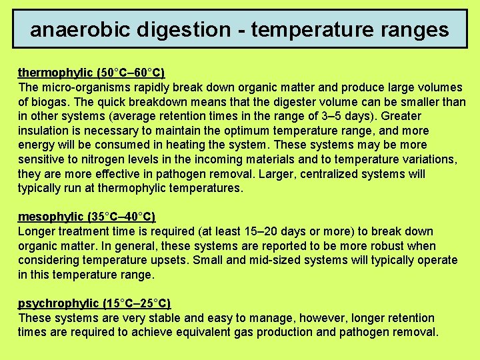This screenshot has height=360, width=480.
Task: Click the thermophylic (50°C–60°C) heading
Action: tap(91, 73)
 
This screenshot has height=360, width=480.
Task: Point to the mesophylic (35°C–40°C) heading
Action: tap(87, 217)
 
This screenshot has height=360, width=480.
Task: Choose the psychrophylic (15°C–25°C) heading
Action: tap(94, 303)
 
